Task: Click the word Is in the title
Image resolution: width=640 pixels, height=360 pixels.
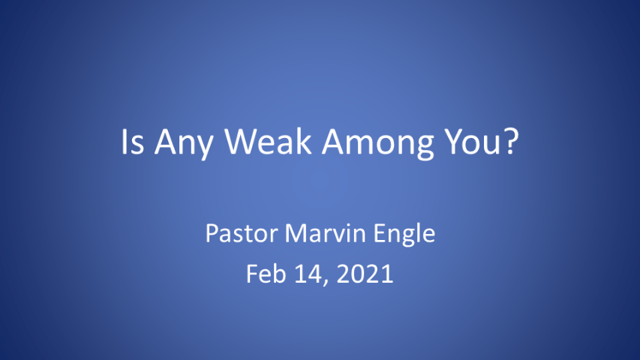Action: pyautogui.click(x=133, y=141)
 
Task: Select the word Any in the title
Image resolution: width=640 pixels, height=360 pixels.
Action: pyautogui.click(x=184, y=144)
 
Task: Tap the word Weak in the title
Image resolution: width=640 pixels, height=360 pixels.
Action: pyautogui.click(x=268, y=141)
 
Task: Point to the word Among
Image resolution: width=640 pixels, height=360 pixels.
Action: pyautogui.click(x=377, y=144)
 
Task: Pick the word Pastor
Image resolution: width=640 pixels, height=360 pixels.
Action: pyautogui.click(x=242, y=233)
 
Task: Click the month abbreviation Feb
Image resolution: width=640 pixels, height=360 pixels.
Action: pyautogui.click(x=266, y=274)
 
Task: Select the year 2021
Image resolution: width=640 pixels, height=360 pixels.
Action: pyautogui.click(x=365, y=274)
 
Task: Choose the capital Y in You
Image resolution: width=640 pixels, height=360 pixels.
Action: pyautogui.click(x=453, y=141)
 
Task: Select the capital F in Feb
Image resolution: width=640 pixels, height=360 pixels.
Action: pyautogui.click(x=252, y=274)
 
